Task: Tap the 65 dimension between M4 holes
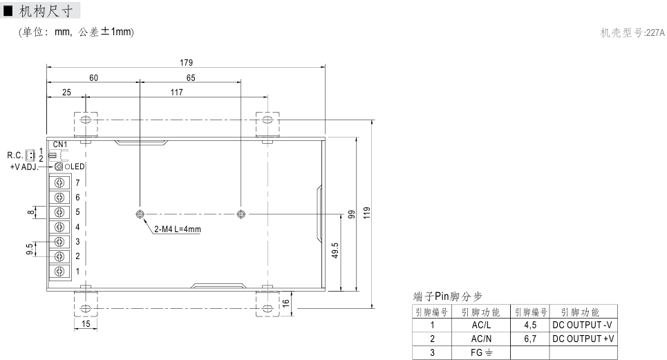coord(190,78)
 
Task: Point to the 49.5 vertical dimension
coord(335,249)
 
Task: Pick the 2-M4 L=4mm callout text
coord(176,229)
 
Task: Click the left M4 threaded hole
coord(140,214)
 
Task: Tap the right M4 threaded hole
coord(241,214)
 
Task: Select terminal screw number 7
coord(60,182)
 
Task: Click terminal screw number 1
coord(60,272)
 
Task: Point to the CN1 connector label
coord(60,144)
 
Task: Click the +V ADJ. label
coord(24,167)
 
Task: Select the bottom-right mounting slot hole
coord(267,308)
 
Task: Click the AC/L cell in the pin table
coord(480,324)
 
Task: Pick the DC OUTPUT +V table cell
coord(583,339)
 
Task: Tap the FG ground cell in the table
coord(480,352)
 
